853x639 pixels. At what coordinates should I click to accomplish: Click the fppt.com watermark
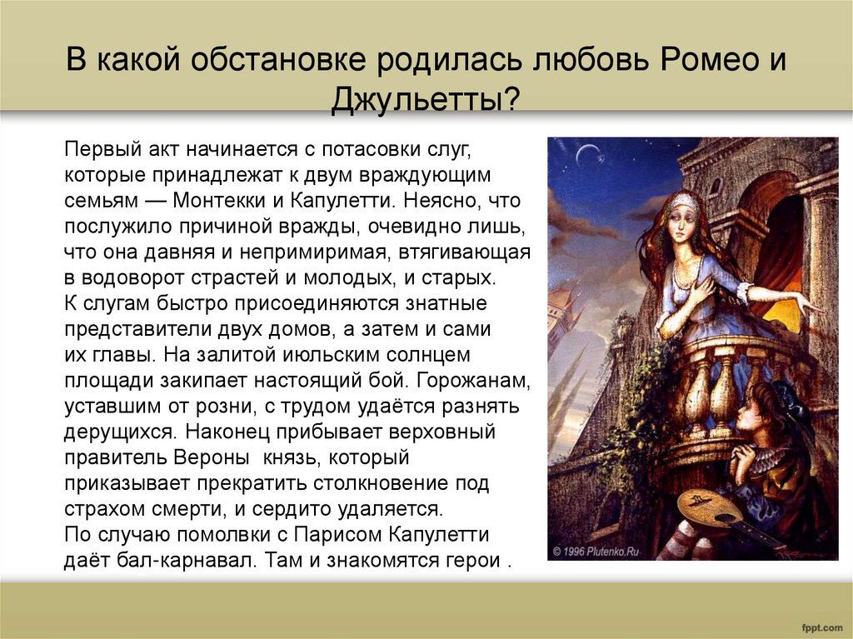[821, 626]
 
